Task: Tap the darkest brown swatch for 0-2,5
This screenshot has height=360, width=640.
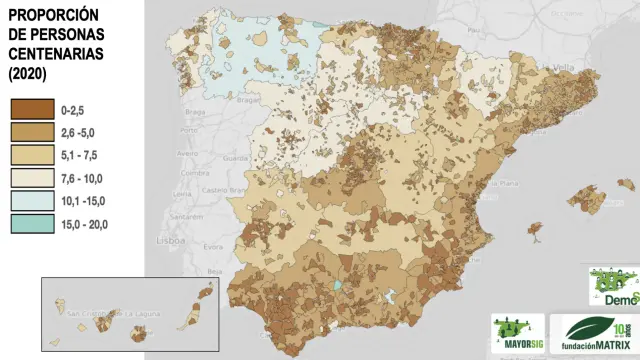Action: pyautogui.click(x=31, y=109)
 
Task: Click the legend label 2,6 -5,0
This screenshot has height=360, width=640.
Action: pyautogui.click(x=79, y=132)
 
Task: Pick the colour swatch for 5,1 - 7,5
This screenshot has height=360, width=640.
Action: pyautogui.click(x=31, y=155)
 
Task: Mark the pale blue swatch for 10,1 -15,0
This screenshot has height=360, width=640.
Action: pyautogui.click(x=31, y=201)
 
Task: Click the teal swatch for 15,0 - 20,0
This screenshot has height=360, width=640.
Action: pyautogui.click(x=31, y=224)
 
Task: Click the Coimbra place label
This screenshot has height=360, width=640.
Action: pyautogui.click(x=186, y=172)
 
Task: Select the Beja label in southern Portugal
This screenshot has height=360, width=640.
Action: pyautogui.click(x=212, y=271)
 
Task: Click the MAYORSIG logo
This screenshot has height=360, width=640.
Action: pyautogui.click(x=517, y=330)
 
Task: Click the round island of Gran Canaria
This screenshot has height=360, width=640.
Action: pyautogui.click(x=139, y=332)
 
